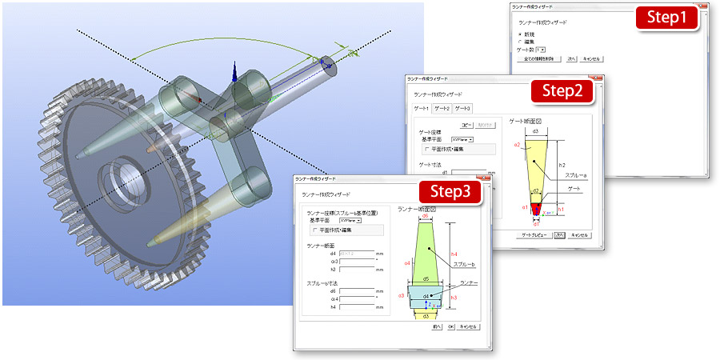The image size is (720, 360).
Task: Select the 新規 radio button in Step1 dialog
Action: pos(521,34)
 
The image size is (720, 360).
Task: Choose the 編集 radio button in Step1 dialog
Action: pos(521,42)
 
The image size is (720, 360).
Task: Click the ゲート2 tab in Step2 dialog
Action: pos(442,108)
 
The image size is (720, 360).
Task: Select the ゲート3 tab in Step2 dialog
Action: pos(462,108)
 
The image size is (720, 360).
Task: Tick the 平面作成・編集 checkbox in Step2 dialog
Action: pos(425,148)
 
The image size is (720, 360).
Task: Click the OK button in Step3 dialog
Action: pos(451,326)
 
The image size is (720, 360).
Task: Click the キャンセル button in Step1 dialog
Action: pos(591,58)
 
